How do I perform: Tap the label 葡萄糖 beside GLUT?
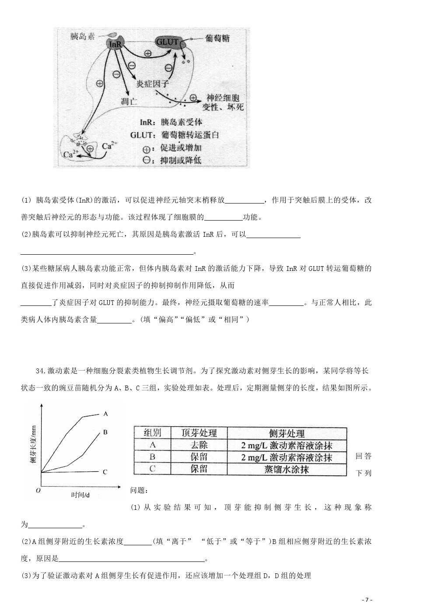pyautogui.click(x=217, y=39)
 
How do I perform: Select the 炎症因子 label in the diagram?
pyautogui.click(x=152, y=84)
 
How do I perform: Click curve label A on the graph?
pyautogui.click(x=105, y=413)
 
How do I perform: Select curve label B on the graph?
pyautogui.click(x=105, y=432)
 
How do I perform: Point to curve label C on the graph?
pyautogui.click(x=105, y=472)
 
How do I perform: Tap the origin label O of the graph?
pyautogui.click(x=38, y=491)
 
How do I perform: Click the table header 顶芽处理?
pyautogui.click(x=199, y=433)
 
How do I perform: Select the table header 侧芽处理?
pyautogui.click(x=287, y=433)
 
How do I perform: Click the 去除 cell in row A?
pyautogui.click(x=199, y=445)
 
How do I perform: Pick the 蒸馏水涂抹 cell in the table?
pyautogui.click(x=287, y=469)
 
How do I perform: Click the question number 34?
pyautogui.click(x=41, y=371)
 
